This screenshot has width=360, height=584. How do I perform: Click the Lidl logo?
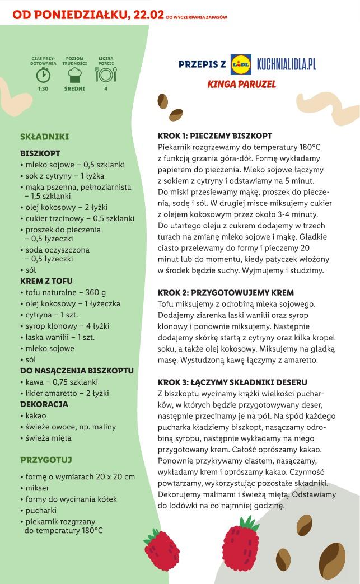click(x=241, y=64)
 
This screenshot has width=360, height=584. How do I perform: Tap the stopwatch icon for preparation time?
click(x=43, y=74)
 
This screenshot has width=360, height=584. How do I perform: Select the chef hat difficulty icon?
click(x=74, y=74)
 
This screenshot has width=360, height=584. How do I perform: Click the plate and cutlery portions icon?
click(x=106, y=74)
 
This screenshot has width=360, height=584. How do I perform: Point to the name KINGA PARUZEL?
click(x=241, y=85)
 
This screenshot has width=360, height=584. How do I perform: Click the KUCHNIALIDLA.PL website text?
click(x=286, y=64)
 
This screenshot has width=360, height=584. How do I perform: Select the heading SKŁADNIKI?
click(x=44, y=136)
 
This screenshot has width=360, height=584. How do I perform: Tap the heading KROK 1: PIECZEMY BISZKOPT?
click(x=215, y=136)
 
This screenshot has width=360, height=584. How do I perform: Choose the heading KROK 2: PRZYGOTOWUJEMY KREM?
click(x=226, y=293)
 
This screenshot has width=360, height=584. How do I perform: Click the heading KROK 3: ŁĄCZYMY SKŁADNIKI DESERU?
click(x=232, y=382)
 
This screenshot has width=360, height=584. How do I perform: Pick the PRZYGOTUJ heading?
click(x=46, y=460)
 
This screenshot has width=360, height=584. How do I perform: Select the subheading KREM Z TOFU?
click(x=46, y=281)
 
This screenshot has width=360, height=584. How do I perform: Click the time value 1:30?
click(x=43, y=88)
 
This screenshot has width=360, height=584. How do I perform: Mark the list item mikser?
click(x=37, y=488)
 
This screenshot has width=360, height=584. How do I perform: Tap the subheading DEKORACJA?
click(x=44, y=404)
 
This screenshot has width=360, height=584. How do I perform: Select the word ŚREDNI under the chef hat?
click(x=74, y=88)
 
